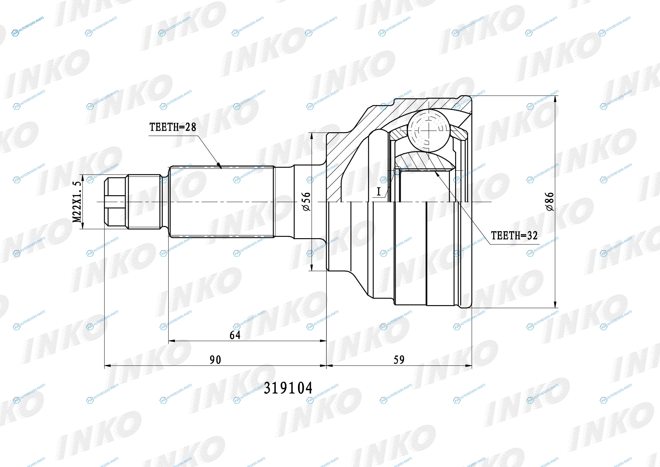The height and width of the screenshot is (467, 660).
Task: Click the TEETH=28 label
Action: pos(172,127)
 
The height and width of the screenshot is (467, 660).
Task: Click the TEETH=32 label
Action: pos(514,236)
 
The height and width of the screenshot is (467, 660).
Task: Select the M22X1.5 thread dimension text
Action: pos(77,202)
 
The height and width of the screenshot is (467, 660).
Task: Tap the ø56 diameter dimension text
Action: pos(306,201)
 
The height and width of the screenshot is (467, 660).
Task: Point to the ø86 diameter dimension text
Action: pos(549,201)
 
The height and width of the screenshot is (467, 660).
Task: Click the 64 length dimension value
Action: pos(235,335)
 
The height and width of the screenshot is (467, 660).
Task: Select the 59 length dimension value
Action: pos(399,360)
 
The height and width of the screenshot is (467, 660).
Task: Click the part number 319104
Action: pos(288,388)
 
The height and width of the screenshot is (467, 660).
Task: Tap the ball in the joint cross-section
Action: pos(428,130)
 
